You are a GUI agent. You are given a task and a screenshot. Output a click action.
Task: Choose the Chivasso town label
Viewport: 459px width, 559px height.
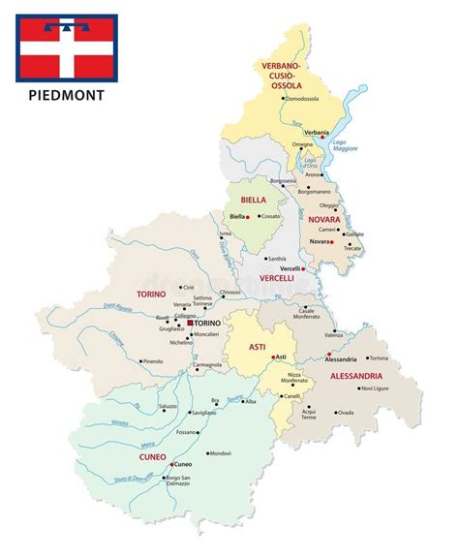tap(229, 291)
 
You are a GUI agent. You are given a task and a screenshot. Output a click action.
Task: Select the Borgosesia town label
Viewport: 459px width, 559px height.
tap(284, 181)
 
